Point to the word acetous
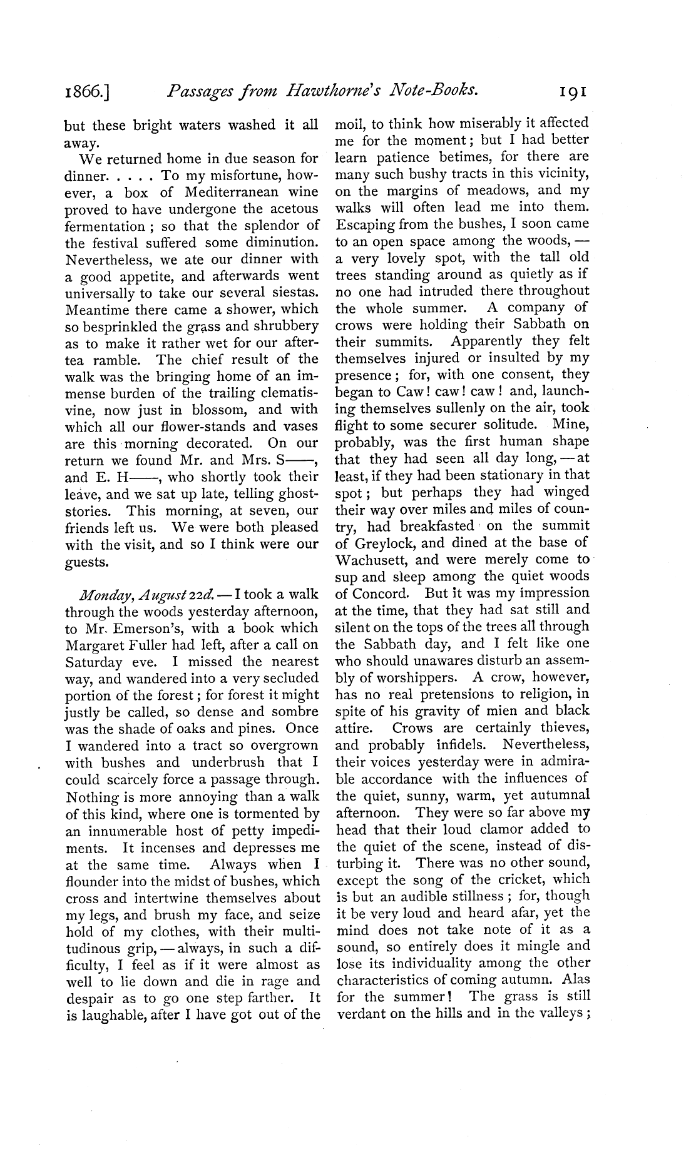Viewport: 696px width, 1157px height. [294, 209]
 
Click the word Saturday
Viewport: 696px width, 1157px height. [95, 662]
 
